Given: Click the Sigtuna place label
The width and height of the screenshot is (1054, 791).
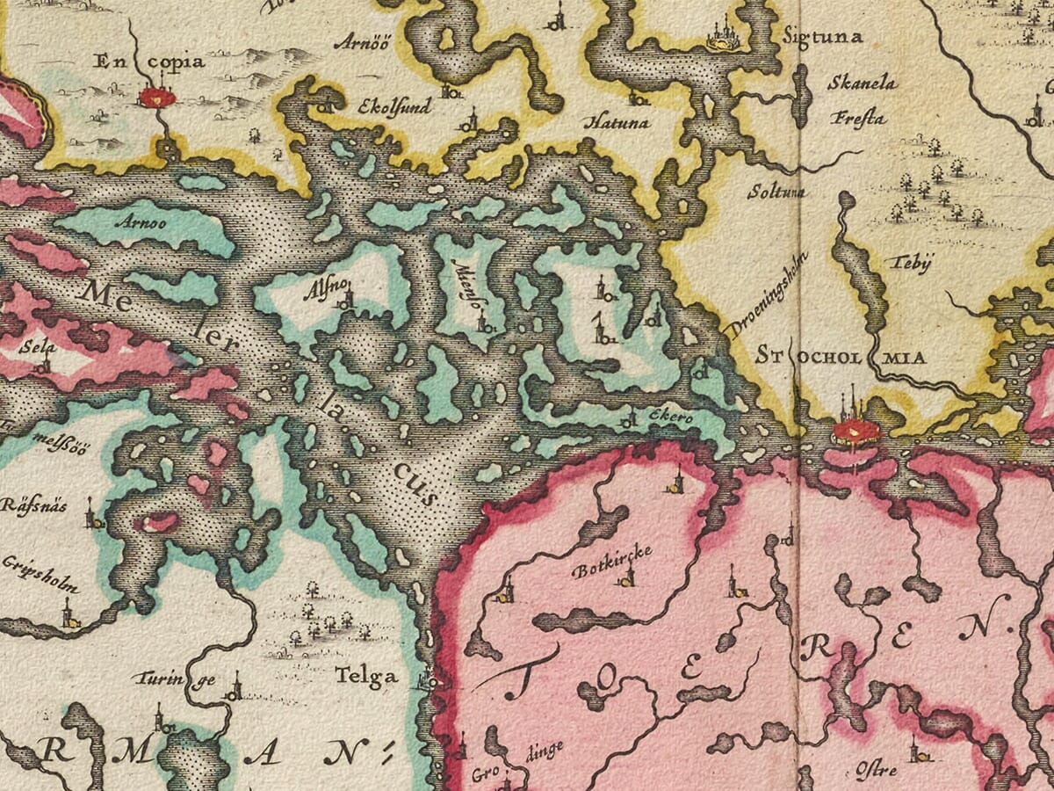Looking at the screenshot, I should click(x=823, y=37).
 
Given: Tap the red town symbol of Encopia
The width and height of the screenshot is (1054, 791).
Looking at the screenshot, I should click(x=158, y=96).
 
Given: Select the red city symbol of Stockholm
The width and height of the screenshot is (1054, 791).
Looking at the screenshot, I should click(x=855, y=430).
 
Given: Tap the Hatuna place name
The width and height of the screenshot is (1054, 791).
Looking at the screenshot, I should click(x=617, y=123).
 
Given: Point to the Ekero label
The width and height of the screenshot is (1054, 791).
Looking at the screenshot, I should click(x=673, y=417).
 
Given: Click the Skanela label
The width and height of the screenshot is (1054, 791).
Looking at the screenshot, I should click(x=863, y=83).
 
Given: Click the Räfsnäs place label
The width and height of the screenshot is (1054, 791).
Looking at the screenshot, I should click(x=35, y=507).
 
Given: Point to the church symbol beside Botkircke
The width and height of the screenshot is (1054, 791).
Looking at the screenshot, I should click(x=627, y=576).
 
